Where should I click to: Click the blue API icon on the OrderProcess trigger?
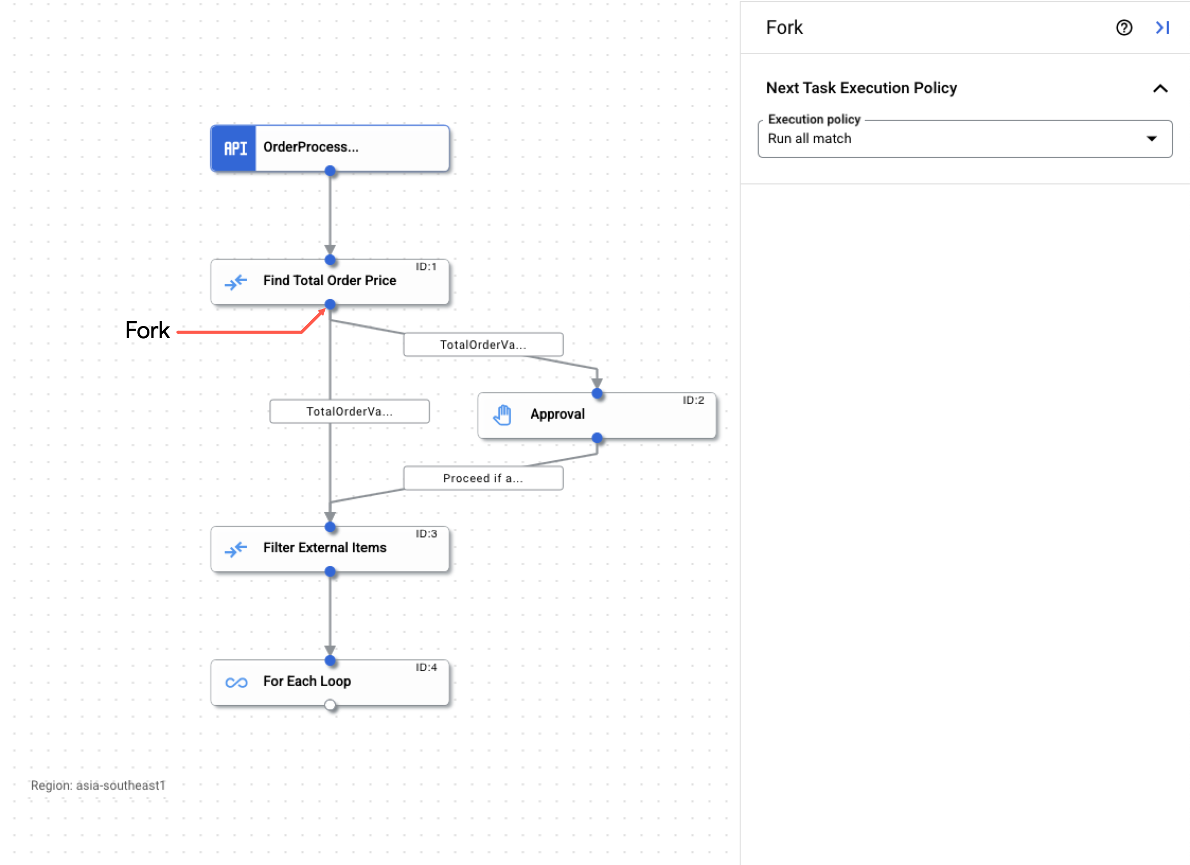234,148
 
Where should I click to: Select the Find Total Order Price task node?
329,281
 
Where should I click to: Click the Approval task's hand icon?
502,414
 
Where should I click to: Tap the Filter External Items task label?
324,548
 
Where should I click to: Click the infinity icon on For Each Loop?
236,682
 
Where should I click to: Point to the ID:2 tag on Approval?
693,400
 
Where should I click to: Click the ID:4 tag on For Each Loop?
426,667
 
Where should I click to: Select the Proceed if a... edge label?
483,478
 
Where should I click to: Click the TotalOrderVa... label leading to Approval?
483,345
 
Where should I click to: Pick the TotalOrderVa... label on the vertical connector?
349,411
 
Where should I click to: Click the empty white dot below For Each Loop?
330,705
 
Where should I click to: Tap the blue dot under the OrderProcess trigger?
330,171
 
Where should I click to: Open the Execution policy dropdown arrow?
1151,139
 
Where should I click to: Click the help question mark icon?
1124,28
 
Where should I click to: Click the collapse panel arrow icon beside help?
1162,28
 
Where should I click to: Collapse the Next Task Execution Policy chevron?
1160,89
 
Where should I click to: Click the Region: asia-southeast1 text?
98,785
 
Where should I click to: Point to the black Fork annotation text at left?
147,330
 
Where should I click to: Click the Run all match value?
810,139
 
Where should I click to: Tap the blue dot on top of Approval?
597,393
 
